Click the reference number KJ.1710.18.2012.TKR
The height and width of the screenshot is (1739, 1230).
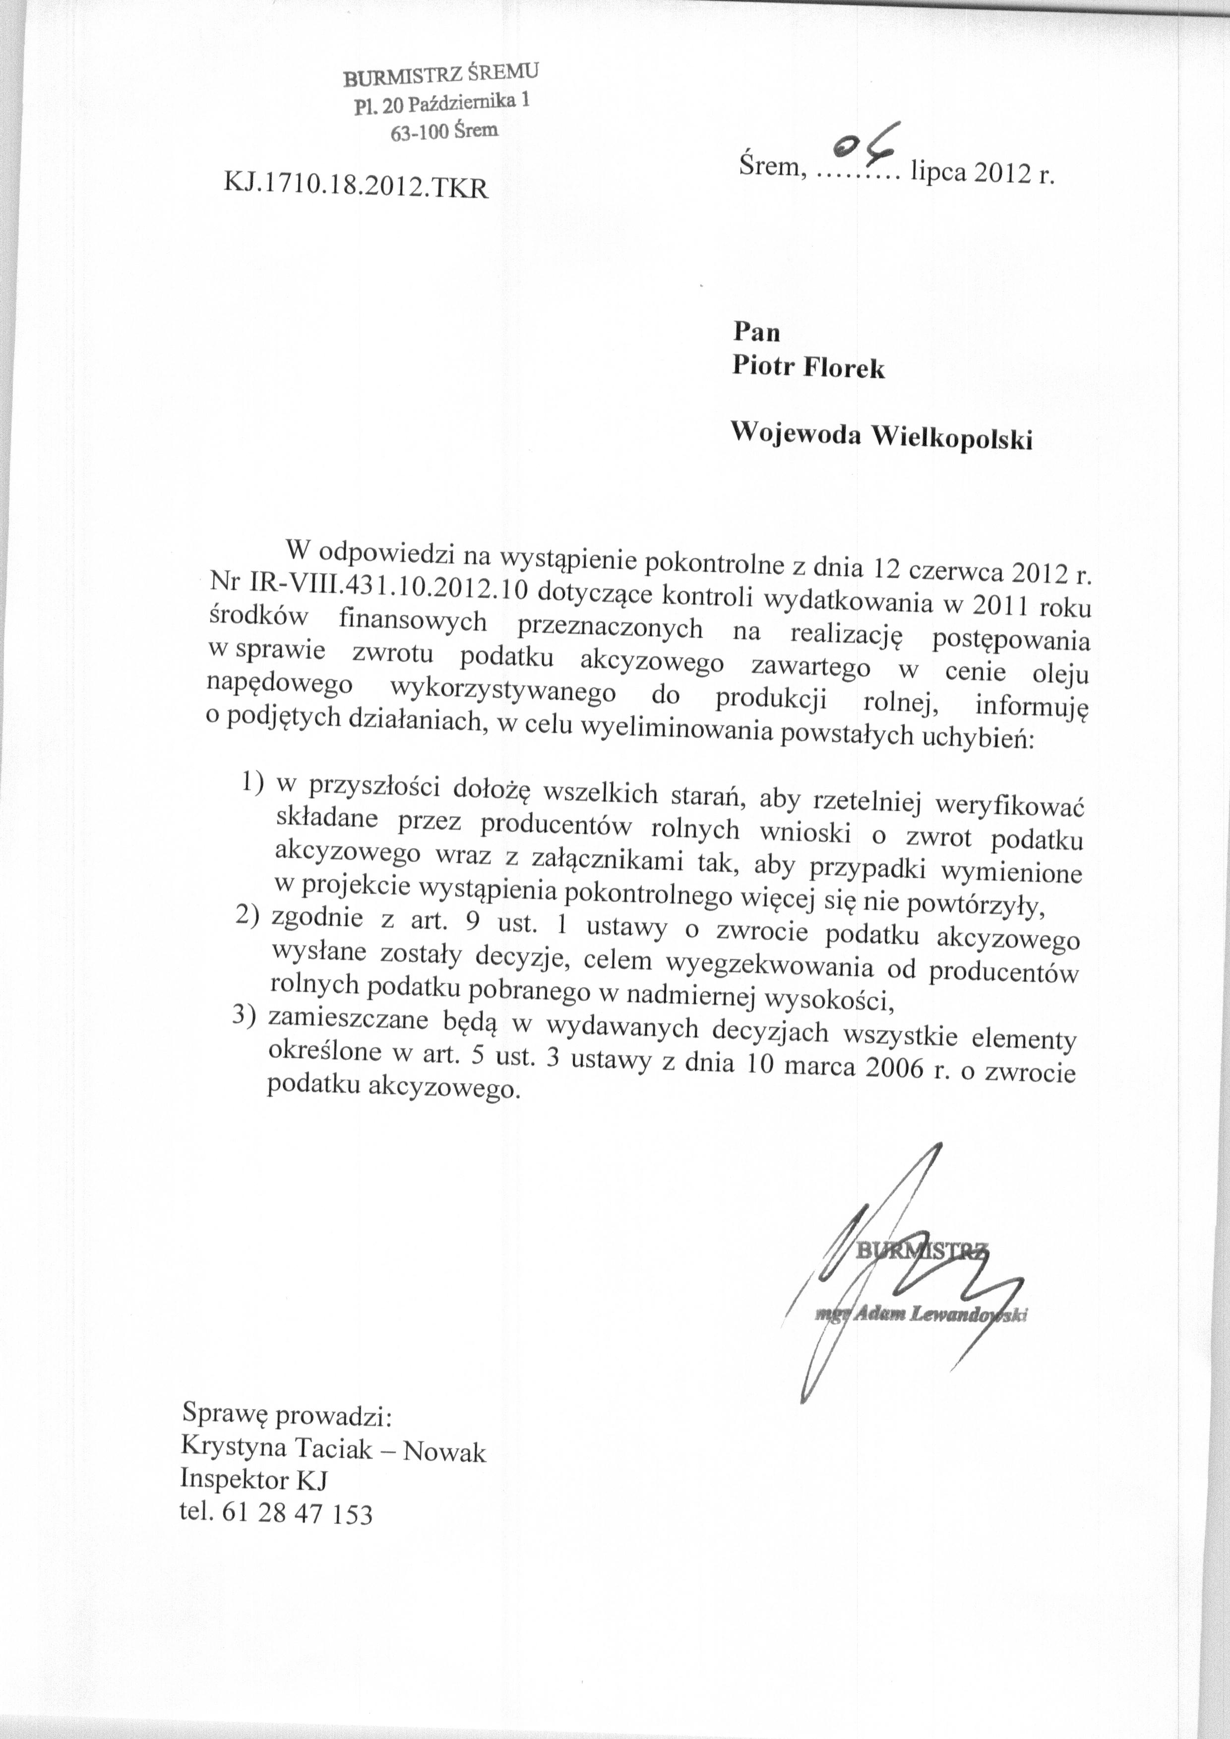[x=357, y=185]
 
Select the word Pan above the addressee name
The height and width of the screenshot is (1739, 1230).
[x=756, y=332]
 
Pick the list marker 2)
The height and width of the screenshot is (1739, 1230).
[x=247, y=916]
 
